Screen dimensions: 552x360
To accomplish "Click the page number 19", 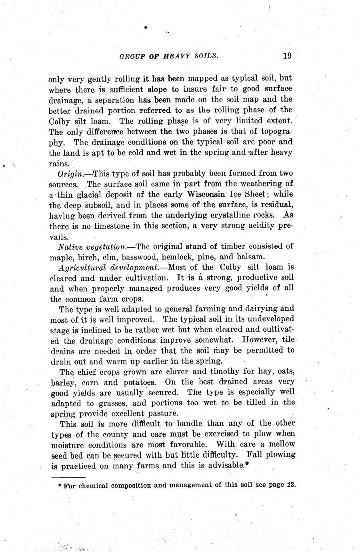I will point(287,56).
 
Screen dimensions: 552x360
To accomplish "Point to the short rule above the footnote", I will point(68,477).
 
